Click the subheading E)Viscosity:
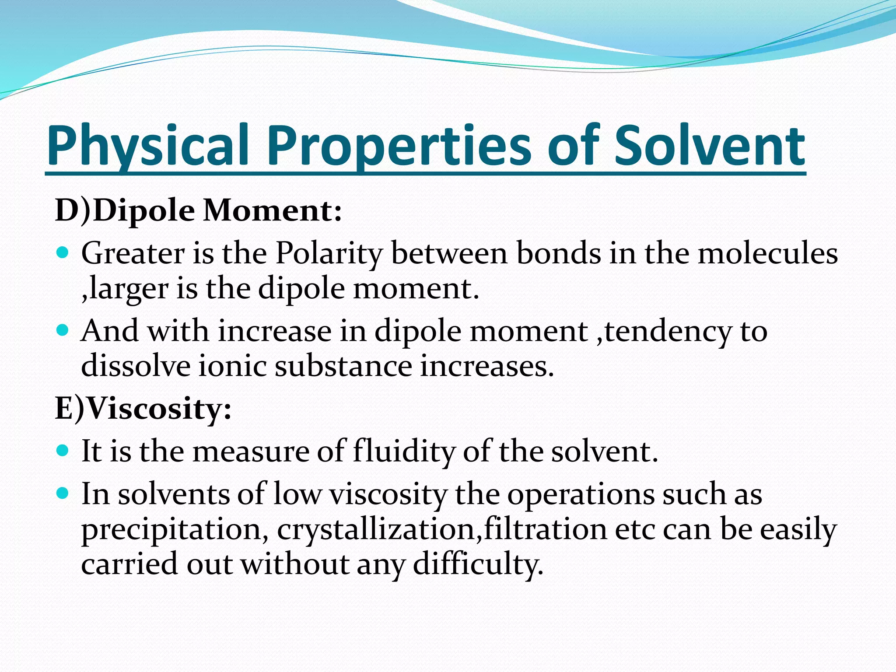click(143, 409)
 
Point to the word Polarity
click(329, 254)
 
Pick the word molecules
click(767, 254)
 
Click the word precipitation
click(175, 529)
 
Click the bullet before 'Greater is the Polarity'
click(63, 252)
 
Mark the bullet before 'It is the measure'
click(63, 450)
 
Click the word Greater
click(133, 254)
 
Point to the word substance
click(343, 366)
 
